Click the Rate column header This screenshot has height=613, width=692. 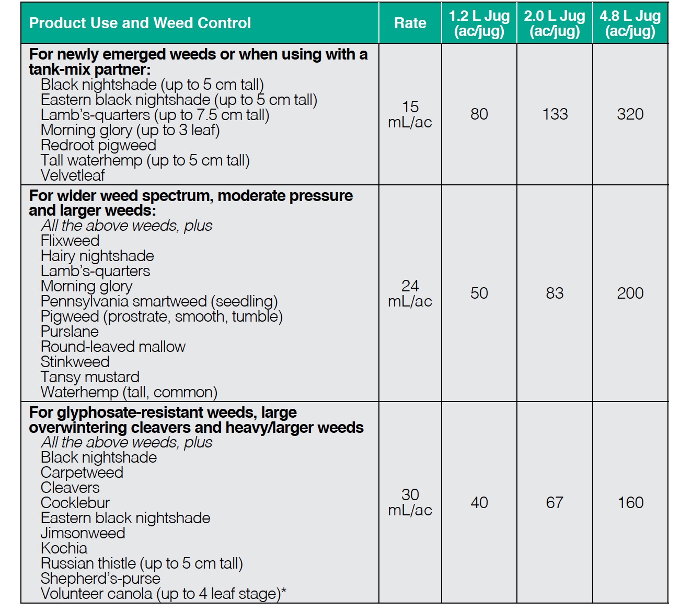[410, 23]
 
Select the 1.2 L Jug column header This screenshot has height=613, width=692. [479, 23]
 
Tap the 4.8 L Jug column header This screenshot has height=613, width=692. [630, 23]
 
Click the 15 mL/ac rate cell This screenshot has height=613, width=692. [410, 114]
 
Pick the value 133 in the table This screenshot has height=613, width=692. [555, 114]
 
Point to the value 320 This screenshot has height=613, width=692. [630, 114]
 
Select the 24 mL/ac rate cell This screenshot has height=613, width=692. [410, 293]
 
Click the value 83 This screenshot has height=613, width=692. [555, 293]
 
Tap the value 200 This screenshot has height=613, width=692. [630, 293]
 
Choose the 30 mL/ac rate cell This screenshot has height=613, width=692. [410, 502]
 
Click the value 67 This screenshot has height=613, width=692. [555, 502]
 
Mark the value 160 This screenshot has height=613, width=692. [630, 502]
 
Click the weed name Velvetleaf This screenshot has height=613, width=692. [73, 175]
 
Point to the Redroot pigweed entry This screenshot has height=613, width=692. [98, 145]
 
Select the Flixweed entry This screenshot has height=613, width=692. [70, 241]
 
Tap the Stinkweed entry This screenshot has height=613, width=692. [75, 362]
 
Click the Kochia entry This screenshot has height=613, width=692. [64, 548]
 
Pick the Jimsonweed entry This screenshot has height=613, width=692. [83, 533]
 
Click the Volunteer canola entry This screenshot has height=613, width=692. [163, 594]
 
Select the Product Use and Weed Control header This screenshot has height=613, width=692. [140, 23]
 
